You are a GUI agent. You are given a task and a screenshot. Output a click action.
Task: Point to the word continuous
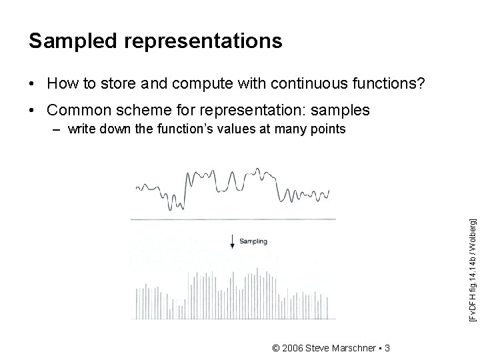point(301,84)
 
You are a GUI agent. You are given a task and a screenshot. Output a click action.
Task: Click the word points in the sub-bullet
point(327,129)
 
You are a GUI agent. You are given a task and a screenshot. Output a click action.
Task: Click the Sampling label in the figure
point(253,241)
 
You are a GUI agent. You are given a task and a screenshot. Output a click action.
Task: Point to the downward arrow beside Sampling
point(232,242)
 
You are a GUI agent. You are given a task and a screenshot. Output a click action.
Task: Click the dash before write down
point(58,129)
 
